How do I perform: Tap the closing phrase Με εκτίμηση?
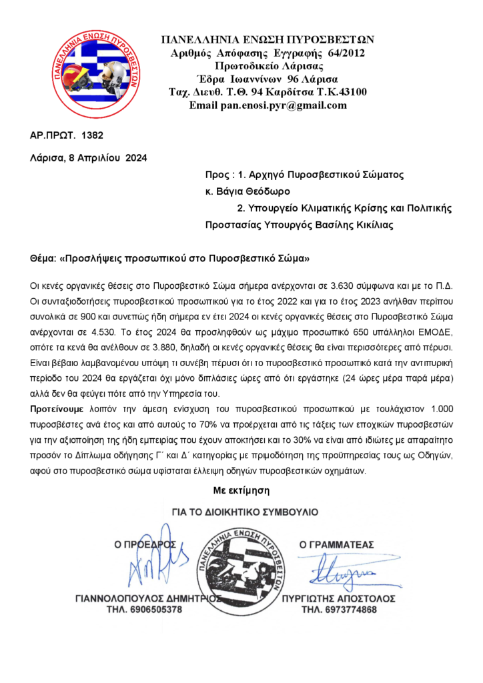tap(241, 490)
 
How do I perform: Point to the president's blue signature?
tap(150, 564)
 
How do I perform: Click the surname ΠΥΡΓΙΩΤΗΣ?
tap(312, 598)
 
